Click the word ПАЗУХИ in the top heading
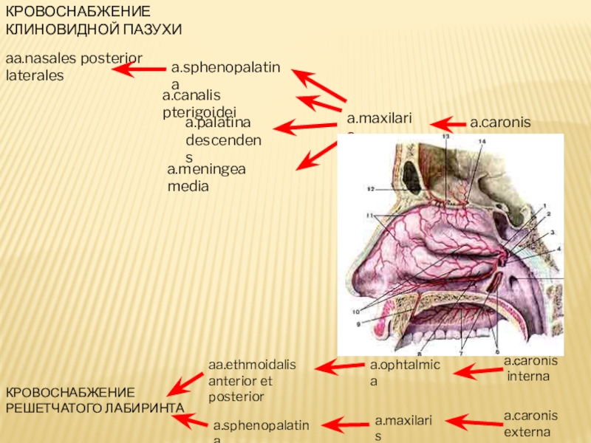point(152,29)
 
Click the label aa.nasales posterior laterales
point(74,66)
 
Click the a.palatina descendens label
point(222,139)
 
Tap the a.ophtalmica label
point(404,373)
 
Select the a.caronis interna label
point(530,368)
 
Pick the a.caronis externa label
point(530,424)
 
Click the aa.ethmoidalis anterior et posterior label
point(252,380)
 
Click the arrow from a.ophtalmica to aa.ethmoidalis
point(339,365)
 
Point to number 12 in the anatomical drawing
point(369,189)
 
